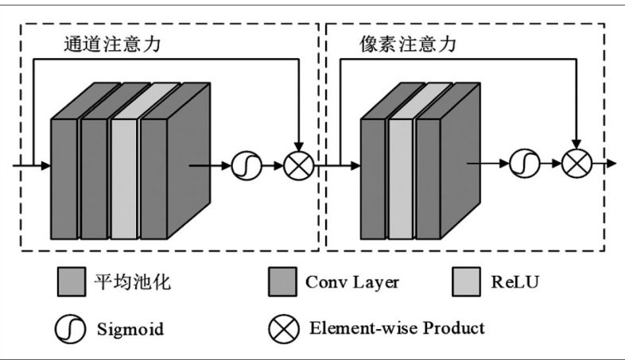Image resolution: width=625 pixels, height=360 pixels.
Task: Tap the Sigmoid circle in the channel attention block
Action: click(x=243, y=166)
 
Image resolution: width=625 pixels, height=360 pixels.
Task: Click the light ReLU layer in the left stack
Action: click(x=124, y=179)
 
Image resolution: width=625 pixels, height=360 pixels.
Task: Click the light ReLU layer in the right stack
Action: click(x=401, y=179)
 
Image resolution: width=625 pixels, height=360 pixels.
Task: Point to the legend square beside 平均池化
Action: click(x=72, y=281)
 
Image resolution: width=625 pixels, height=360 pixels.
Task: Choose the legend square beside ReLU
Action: click(x=465, y=281)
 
